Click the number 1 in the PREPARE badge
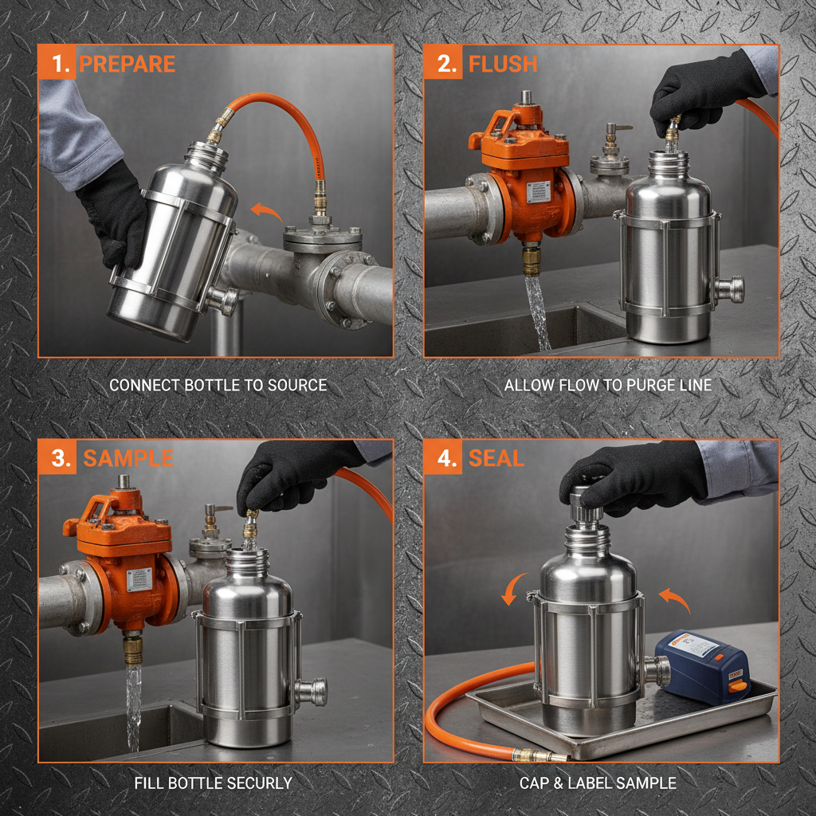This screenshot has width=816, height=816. point(57,64)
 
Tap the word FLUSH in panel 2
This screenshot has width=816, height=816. point(503,64)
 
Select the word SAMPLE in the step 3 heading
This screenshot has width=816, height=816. point(128,458)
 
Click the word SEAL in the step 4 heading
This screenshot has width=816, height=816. point(496,458)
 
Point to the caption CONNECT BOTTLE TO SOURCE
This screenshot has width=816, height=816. point(218,386)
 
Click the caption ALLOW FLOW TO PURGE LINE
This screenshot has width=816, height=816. point(607,386)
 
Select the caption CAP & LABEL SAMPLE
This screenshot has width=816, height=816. point(598,783)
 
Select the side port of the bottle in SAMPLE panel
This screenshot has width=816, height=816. point(313,692)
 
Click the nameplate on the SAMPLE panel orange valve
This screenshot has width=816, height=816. point(139,580)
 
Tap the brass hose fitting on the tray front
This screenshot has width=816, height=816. point(533,754)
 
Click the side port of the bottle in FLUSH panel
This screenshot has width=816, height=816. point(729,289)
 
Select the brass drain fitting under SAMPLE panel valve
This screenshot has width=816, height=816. point(132,648)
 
